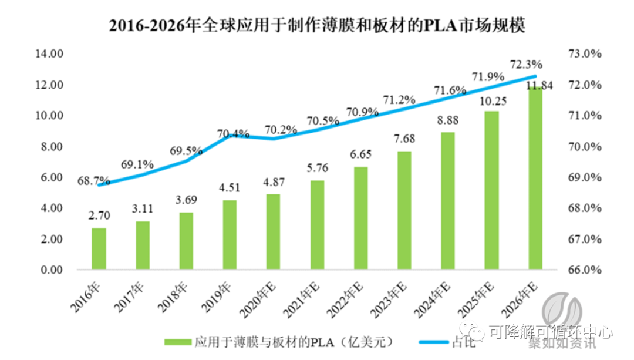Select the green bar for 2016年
[99, 249]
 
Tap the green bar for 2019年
[230, 235]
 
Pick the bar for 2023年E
[404, 211]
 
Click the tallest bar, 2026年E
[535, 179]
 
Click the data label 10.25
[491, 101]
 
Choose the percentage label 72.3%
[526, 64]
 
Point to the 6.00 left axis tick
[50, 177]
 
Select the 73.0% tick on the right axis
[585, 54]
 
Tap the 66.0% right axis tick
[585, 270]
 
